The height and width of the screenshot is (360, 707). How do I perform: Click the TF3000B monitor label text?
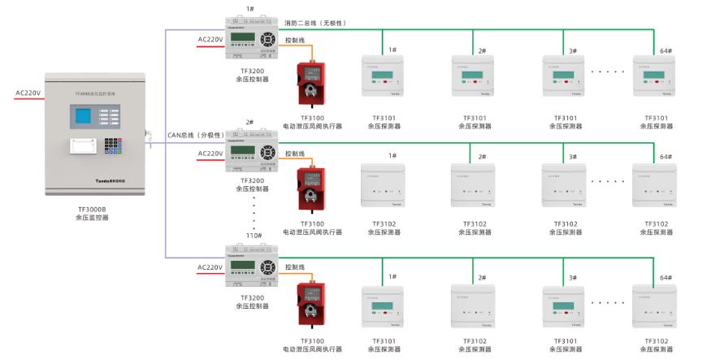tap(90, 208)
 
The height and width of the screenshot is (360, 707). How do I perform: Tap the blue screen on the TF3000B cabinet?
tap(86, 115)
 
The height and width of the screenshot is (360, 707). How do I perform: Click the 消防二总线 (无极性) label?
tap(315, 23)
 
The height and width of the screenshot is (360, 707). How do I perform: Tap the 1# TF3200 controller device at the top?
tap(252, 39)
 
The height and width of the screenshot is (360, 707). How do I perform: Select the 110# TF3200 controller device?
tap(252, 266)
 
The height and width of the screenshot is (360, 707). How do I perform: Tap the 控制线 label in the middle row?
tap(295, 154)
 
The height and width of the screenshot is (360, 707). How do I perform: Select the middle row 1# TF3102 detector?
tap(382, 189)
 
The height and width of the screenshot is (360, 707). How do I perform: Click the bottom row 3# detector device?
tap(564, 306)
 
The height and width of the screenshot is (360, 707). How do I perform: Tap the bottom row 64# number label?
tap(666, 278)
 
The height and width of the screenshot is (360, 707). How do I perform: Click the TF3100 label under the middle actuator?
tap(312, 223)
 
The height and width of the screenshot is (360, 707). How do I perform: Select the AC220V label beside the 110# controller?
tap(210, 267)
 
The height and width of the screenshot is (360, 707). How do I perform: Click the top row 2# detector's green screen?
tap(472, 76)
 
